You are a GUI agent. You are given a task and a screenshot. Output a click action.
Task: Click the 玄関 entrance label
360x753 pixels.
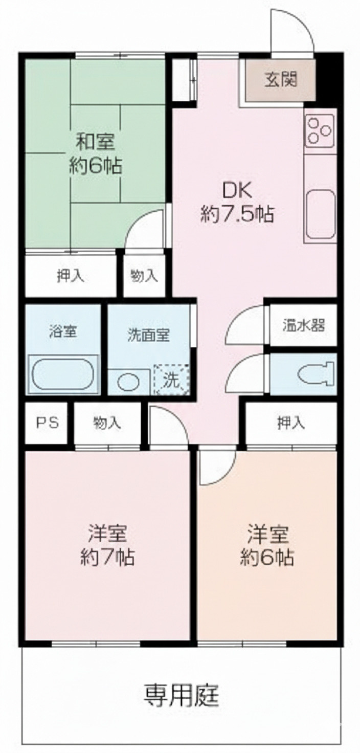click(x=280, y=80)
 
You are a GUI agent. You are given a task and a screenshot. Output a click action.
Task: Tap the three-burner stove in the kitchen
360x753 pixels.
click(x=320, y=129)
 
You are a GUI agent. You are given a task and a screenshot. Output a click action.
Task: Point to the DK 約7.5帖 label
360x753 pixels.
click(x=236, y=203)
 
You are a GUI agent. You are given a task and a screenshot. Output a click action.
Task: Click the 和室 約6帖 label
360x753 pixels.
click(x=96, y=153)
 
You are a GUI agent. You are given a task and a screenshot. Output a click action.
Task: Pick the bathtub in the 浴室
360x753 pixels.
click(x=62, y=374)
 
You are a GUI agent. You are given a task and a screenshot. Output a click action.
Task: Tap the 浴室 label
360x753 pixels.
click(x=63, y=331)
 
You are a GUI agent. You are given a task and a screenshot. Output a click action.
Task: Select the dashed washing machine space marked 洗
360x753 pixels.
click(x=172, y=379)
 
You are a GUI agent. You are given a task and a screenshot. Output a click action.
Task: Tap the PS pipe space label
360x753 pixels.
click(x=47, y=423)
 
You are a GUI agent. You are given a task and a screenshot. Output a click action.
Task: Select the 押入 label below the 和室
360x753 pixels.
click(x=70, y=276)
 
